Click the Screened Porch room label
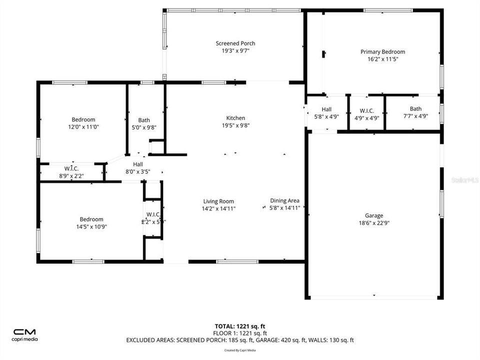click(235, 43)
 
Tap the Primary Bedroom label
click(382, 51)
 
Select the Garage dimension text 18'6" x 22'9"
click(374, 223)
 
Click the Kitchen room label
click(235, 118)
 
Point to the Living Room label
click(218, 201)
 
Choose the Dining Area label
click(284, 200)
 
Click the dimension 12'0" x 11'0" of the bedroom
click(83, 127)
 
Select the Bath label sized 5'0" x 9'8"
click(144, 120)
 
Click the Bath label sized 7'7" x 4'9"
click(415, 108)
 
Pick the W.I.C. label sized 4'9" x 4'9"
click(367, 111)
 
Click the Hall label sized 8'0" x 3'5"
click(137, 164)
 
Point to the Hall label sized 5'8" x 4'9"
click(326, 109)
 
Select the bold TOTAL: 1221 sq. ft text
click(239, 325)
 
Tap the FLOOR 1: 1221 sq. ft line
click(239, 333)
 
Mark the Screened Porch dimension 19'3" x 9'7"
click(235, 51)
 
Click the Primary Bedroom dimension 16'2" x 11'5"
click(382, 59)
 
